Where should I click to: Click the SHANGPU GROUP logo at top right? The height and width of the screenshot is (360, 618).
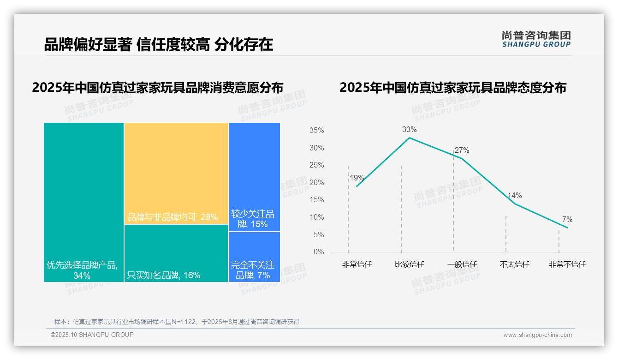536,39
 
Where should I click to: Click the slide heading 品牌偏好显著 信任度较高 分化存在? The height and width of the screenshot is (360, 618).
158,44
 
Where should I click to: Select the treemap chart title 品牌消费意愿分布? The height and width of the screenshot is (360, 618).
157,87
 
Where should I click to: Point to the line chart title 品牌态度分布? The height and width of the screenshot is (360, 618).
452,87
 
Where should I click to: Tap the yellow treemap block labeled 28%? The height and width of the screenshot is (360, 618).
176,173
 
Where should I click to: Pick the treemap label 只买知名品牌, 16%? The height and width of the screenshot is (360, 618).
163,276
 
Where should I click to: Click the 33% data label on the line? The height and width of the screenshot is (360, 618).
409,130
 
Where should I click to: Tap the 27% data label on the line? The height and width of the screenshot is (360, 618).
462,150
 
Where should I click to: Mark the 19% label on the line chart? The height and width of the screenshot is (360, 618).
357,178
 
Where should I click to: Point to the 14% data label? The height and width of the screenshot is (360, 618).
514,196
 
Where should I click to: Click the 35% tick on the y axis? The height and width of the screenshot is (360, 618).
316,131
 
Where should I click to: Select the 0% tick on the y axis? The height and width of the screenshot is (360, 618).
318,252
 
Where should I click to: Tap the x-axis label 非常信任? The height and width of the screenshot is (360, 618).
357,264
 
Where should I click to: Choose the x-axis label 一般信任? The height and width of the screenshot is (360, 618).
462,264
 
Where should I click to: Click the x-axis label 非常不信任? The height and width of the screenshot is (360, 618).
567,264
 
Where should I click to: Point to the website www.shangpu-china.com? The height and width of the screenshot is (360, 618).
537,335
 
